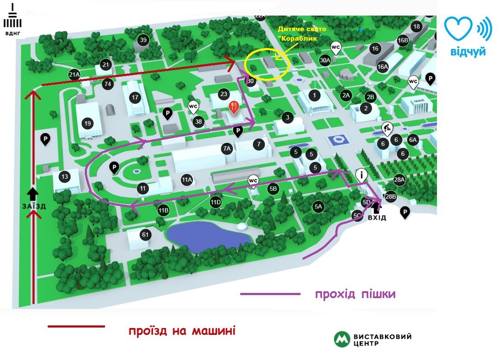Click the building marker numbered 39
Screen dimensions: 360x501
[143, 40]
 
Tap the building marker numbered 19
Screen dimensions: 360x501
[88, 123]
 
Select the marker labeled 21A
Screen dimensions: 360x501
[74, 75]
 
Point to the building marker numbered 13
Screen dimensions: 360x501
[65, 177]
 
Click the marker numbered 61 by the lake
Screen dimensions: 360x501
[145, 235]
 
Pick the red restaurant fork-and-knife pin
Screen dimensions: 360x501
[234, 107]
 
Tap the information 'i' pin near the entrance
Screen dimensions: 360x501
[362, 175]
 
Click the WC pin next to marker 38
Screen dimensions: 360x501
[193, 106]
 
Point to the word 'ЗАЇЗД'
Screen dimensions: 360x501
[33, 206]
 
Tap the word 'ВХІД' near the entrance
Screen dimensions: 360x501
[376, 218]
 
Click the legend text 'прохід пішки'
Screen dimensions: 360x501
[355, 295]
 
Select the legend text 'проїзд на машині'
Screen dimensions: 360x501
[182, 331]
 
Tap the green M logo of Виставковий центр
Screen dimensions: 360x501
[342, 339]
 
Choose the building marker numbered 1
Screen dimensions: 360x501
[315, 94]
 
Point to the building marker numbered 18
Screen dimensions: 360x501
[416, 27]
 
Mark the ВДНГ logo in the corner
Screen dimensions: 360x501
[12, 20]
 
